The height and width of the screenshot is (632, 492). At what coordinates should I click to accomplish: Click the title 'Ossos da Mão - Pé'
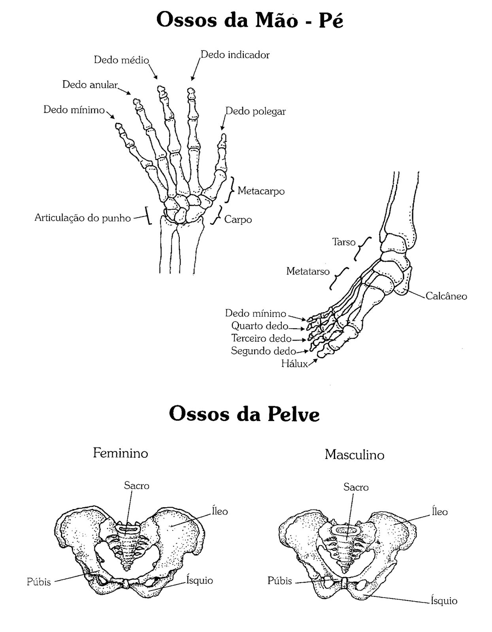(250, 20)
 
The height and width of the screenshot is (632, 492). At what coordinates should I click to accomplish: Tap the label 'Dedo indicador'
(235, 55)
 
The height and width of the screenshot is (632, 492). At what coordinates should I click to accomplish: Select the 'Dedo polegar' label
(256, 111)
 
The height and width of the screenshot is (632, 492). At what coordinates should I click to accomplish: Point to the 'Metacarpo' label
(261, 191)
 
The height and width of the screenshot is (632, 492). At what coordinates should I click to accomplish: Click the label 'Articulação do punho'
(83, 218)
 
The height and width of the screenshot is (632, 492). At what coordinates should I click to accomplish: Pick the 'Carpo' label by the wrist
(238, 220)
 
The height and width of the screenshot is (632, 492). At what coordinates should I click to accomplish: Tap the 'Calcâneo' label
(446, 296)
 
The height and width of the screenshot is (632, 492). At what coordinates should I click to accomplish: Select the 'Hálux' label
(294, 363)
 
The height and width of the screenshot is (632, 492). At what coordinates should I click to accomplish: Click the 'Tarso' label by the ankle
(344, 242)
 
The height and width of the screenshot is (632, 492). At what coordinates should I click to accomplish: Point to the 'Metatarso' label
(308, 271)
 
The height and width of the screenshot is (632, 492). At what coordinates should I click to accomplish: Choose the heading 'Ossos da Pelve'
(244, 414)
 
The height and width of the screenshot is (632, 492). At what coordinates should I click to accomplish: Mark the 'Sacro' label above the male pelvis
(356, 487)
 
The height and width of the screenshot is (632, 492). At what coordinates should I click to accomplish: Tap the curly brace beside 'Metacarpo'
(230, 190)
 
